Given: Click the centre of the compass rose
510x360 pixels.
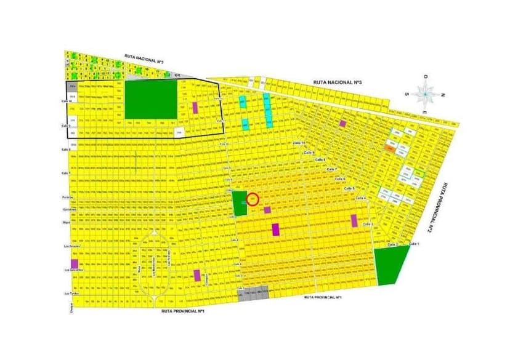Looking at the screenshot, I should tap(425, 94).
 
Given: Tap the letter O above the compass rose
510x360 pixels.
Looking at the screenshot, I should tap(425, 76).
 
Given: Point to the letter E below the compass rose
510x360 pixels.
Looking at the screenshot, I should tap(425, 113).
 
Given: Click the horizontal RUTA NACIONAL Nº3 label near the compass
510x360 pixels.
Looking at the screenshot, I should tap(337, 82).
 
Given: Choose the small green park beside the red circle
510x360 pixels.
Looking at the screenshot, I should tap(238, 202).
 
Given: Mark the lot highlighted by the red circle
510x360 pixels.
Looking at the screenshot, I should tap(253, 199).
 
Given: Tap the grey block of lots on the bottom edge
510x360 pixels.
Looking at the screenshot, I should tap(253, 295).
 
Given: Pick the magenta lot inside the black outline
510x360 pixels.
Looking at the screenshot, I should tap(195, 108).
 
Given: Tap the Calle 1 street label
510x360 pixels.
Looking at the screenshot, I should tap(414, 244).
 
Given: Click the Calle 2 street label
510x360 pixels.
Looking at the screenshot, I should tap(392, 245).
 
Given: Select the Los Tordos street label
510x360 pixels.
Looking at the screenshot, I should tap(73, 294).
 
